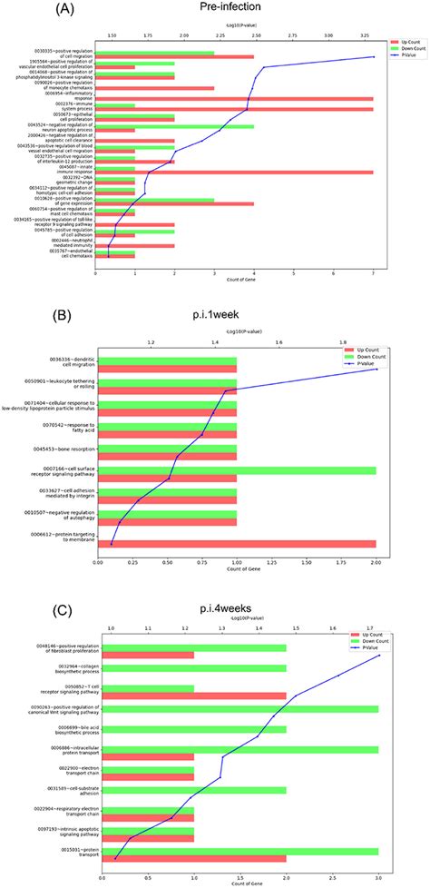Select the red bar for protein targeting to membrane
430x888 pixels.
(236, 544)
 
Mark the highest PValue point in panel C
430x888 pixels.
(378, 656)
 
